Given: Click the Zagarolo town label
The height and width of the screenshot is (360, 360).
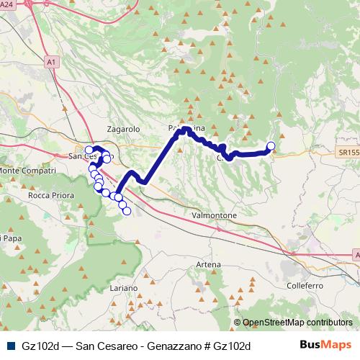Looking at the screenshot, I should coord(122,128).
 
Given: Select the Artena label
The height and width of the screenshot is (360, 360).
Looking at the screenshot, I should coord(208,265).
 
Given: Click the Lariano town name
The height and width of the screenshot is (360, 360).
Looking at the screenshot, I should coord(123,287).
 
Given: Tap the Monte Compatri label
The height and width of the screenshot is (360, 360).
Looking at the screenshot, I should coord(27,170).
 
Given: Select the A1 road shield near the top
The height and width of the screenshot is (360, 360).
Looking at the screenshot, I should coord(51,63).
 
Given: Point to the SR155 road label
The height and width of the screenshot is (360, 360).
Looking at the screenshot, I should coord(348,153).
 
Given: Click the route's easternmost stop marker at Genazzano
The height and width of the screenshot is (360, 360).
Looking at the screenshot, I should coord(271,147).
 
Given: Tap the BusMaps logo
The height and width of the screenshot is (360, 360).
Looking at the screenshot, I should coord(326,345).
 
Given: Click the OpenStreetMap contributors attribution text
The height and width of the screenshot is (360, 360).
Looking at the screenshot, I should coord(297,323).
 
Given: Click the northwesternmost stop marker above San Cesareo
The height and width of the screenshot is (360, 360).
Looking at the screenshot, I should coord(89,150).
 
